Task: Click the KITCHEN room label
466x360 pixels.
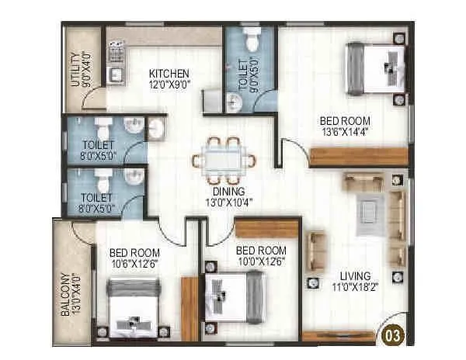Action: click(169, 74)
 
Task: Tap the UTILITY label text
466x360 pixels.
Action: click(75, 69)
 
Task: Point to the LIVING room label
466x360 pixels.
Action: click(354, 276)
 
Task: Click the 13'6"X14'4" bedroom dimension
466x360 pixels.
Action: click(343, 133)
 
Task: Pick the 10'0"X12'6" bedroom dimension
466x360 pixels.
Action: click(260, 263)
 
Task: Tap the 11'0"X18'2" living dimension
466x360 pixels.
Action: click(354, 288)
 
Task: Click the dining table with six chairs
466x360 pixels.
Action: click(224, 160)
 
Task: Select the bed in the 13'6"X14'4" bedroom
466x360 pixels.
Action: click(375, 66)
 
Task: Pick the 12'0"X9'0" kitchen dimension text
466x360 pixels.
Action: click(169, 85)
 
